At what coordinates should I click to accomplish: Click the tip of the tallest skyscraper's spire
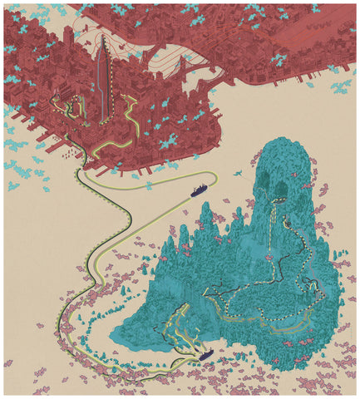coord(101,37)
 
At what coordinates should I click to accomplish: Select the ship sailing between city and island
coord(197,192)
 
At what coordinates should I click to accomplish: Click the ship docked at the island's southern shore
coord(205,355)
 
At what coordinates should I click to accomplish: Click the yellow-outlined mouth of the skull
coord(285,222)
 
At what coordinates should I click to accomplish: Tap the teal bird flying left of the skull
coord(239,174)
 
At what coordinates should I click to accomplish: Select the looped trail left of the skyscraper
coord(75,108)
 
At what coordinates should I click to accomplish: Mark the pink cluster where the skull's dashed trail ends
coord(269,259)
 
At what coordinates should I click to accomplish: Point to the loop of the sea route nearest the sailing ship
coord(213,178)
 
